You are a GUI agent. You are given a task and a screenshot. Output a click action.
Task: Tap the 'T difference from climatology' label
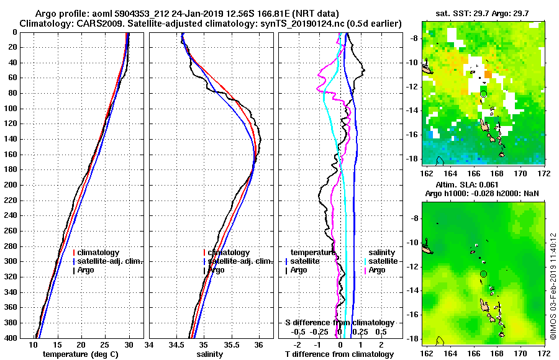(x=339, y=354)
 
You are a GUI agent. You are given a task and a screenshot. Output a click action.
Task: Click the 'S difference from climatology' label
(x=339, y=323)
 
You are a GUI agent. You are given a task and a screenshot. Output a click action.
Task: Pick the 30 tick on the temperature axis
(x=129, y=345)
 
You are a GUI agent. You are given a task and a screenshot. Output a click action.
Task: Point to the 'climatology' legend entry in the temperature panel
(x=99, y=253)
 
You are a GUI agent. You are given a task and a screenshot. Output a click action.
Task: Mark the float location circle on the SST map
(x=483, y=94)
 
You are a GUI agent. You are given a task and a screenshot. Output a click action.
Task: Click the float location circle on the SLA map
(x=483, y=274)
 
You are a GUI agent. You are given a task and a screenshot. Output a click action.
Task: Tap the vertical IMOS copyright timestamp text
(x=553, y=286)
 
